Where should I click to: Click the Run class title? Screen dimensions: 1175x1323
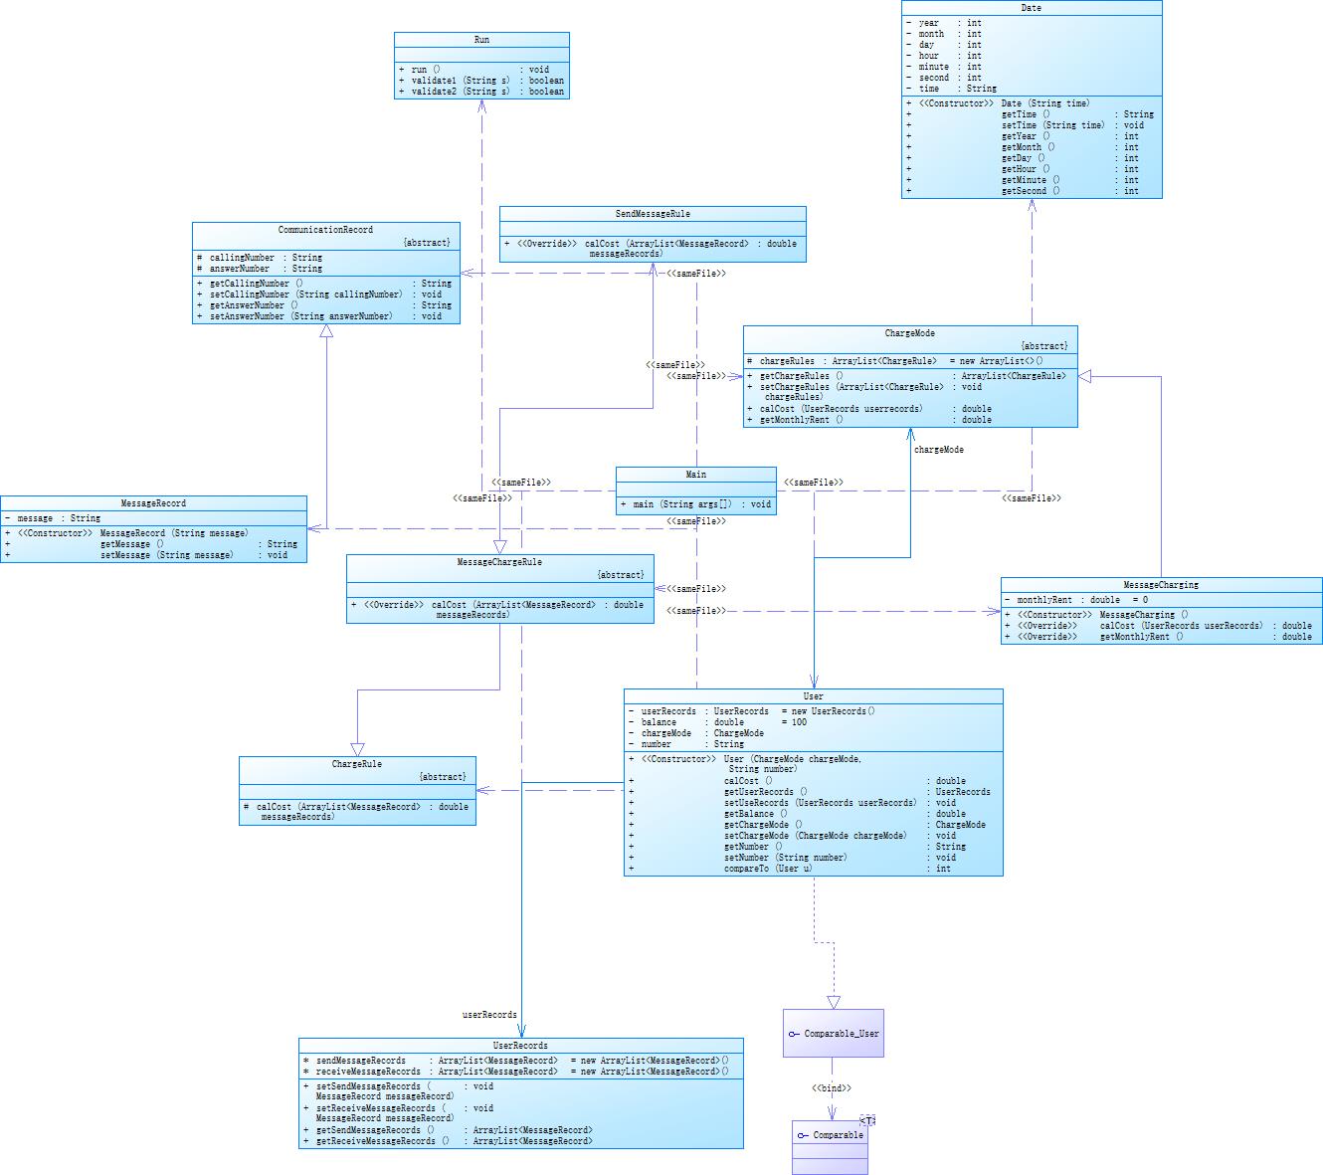[x=481, y=40]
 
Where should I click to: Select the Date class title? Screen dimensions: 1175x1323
[x=1032, y=8]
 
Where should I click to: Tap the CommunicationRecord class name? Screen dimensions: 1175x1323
[x=325, y=230]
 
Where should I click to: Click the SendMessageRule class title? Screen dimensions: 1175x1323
[x=653, y=214]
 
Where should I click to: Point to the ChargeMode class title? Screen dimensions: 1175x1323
[x=910, y=333]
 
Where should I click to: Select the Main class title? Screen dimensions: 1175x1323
[x=696, y=475]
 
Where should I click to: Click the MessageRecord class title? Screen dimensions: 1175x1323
[x=153, y=503]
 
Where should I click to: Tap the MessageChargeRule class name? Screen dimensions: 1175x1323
[x=499, y=562]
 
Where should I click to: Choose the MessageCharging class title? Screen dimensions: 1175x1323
[x=1161, y=585]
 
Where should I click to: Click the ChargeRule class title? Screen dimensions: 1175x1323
[x=357, y=764]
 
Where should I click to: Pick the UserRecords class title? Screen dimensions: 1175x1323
[x=520, y=1046]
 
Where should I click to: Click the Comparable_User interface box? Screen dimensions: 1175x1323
[x=833, y=1034]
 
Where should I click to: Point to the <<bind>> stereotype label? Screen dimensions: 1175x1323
[x=832, y=1088]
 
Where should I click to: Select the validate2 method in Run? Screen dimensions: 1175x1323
[x=461, y=92]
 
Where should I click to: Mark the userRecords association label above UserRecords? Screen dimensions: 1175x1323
[x=489, y=1015]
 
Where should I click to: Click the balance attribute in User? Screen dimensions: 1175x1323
[x=659, y=722]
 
